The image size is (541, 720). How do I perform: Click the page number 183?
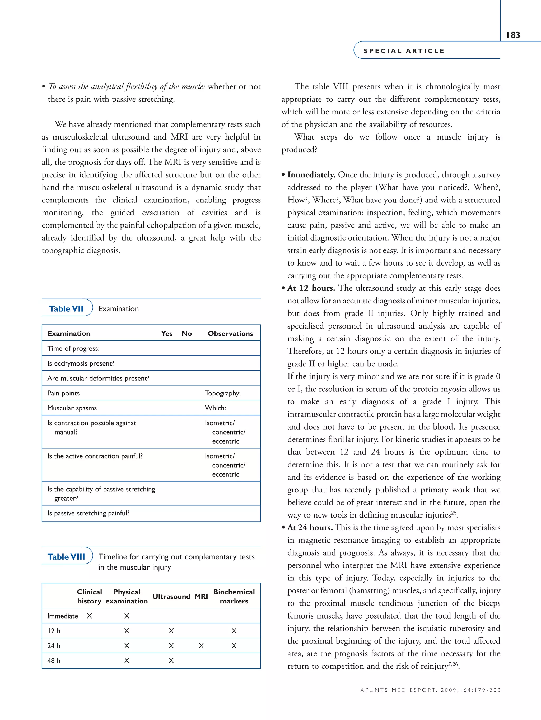pyautogui.click(x=513, y=35)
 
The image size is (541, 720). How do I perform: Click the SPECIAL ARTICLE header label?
pyautogui.click(x=404, y=51)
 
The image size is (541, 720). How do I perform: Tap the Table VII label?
pyautogui.click(x=66, y=308)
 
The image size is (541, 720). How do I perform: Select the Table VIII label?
pyautogui.click(x=66, y=557)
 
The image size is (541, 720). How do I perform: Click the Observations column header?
pyautogui.click(x=230, y=333)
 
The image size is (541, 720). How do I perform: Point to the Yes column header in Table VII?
pyautogui.click(x=167, y=333)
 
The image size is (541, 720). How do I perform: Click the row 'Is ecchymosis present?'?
pyautogui.click(x=81, y=363)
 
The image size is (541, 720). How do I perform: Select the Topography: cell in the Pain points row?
pyautogui.click(x=222, y=393)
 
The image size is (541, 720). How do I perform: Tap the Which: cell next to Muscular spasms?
pyautogui.click(x=215, y=408)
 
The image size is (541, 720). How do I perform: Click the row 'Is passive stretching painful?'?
pyautogui.click(x=88, y=513)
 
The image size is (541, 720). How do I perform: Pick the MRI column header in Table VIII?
pyautogui.click(x=201, y=597)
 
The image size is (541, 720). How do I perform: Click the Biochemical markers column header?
pyautogui.click(x=234, y=597)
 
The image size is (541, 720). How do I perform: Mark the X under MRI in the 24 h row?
pyautogui.click(x=201, y=646)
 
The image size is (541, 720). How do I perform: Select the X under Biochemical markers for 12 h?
pyautogui.click(x=234, y=631)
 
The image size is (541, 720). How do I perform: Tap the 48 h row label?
pyautogui.click(x=54, y=661)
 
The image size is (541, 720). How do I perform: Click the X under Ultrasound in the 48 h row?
pyautogui.click(x=171, y=661)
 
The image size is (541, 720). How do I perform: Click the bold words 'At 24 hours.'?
pyautogui.click(x=310, y=528)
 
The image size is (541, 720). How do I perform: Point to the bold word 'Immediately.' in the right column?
pyautogui.click(x=311, y=175)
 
